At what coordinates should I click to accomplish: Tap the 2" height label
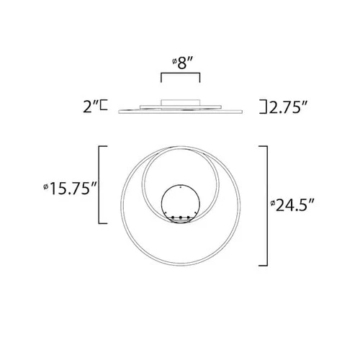coord(91,108)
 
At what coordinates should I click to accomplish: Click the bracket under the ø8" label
coord(179,76)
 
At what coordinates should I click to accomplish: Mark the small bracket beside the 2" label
coord(105,108)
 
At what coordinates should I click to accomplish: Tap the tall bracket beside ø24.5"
coord(266,204)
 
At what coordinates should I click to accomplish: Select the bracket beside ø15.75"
coord(101,184)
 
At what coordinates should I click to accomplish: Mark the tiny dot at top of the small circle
coord(180,189)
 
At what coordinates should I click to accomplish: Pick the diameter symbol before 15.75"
coord(47,189)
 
